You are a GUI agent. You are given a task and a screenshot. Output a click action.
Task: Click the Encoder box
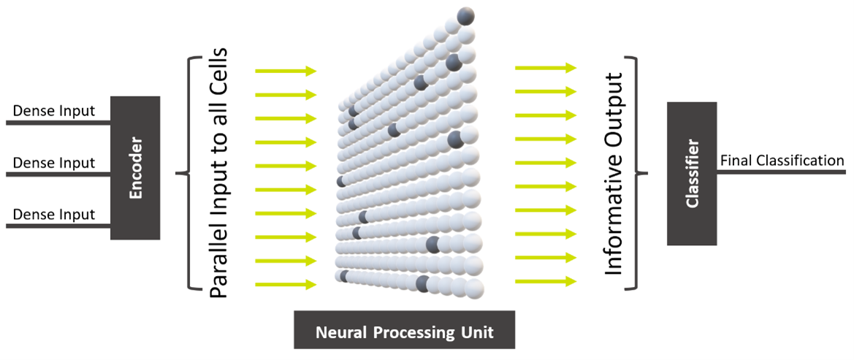tap(135, 167)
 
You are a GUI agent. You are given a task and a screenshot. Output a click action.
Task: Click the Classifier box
tap(692, 173)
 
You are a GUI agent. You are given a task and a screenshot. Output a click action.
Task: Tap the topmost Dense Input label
tap(54, 112)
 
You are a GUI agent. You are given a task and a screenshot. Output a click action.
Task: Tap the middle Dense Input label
tap(54, 163)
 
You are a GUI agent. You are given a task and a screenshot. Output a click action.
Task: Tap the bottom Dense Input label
tap(54, 214)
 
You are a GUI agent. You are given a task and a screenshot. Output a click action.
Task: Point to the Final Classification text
tap(782, 161)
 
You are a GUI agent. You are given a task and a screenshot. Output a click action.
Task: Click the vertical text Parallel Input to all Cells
tap(219, 174)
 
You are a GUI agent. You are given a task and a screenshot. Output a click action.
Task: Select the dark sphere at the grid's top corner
tap(465, 15)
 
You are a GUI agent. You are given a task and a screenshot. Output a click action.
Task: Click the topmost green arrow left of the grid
tap(285, 71)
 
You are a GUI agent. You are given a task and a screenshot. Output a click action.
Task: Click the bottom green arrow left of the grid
tap(285, 284)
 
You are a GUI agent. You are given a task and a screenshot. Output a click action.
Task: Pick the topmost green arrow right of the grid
tap(546, 67)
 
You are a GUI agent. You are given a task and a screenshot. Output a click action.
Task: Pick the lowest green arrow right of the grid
tap(546, 280)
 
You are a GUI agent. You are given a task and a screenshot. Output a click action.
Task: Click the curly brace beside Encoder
tap(188, 174)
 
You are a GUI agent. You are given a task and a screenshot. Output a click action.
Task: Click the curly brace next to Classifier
tap(640, 174)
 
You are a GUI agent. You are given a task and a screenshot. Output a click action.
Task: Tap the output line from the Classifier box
tap(782, 173)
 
